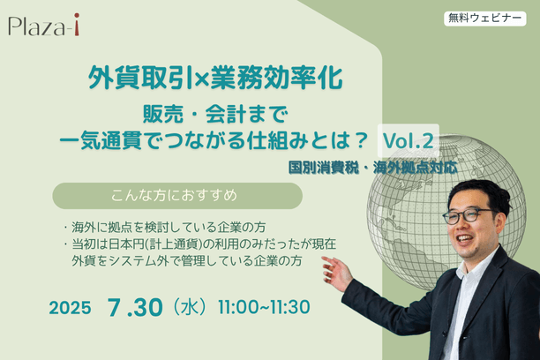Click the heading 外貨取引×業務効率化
tap(215, 79)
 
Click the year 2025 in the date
tap(70, 308)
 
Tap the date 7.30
tap(135, 307)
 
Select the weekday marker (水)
tap(191, 307)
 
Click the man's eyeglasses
tap(468, 214)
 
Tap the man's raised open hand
tap(337, 273)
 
